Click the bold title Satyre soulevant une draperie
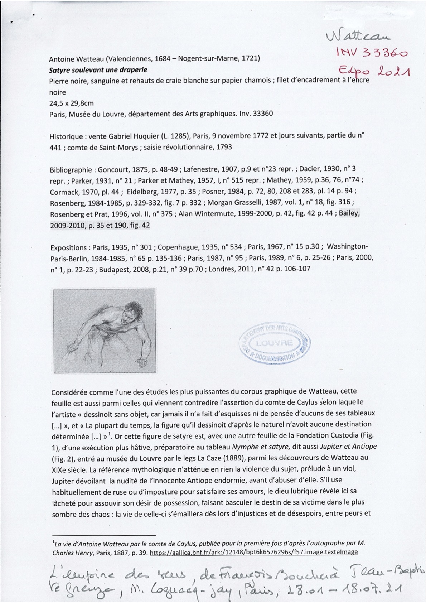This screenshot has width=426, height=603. pos(98,69)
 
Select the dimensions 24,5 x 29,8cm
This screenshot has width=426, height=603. pos(71,103)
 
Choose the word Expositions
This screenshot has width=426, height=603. pos(69,247)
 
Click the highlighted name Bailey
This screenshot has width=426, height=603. pos(349,214)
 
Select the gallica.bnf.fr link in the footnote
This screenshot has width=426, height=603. pos(253,552)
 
